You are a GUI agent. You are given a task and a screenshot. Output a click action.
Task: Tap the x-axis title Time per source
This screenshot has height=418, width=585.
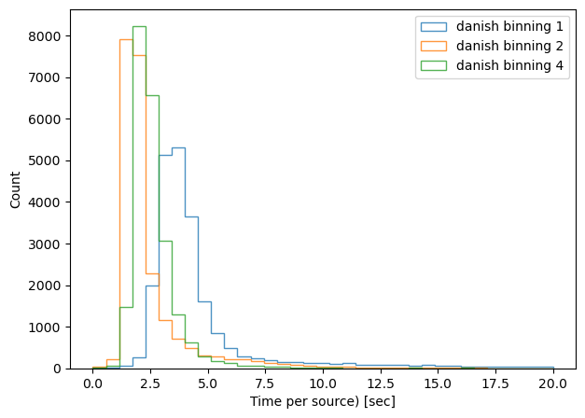(322, 402)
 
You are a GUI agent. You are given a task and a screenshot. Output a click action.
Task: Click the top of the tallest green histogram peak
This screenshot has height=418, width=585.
(139, 26)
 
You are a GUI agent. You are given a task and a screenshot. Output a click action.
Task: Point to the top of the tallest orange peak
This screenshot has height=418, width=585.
(126, 39)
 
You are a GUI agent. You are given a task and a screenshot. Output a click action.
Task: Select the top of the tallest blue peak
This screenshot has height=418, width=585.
(178, 147)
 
